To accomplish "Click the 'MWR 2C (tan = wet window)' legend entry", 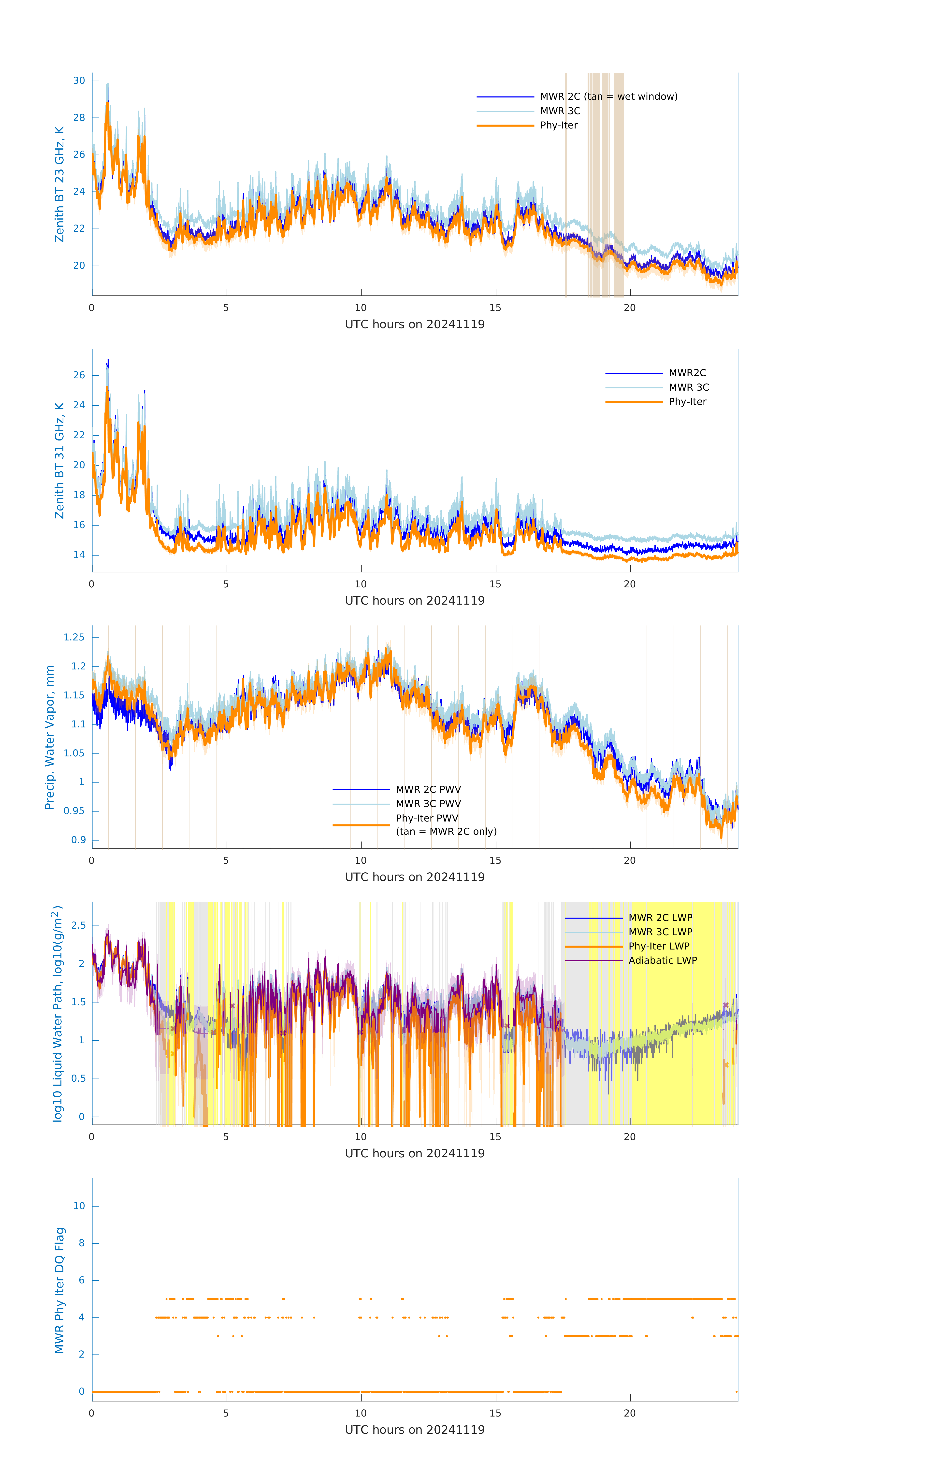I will (608, 97).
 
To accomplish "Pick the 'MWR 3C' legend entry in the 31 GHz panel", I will (688, 387).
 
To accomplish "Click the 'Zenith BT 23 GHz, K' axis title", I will (59, 184).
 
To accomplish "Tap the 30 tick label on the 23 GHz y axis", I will (79, 81).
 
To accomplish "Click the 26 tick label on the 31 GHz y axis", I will (79, 375).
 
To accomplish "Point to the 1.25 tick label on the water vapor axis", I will (74, 637).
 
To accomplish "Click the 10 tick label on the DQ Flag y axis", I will (79, 1206).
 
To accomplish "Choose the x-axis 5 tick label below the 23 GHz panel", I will (226, 308).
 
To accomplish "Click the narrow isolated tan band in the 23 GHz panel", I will (566, 184).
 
